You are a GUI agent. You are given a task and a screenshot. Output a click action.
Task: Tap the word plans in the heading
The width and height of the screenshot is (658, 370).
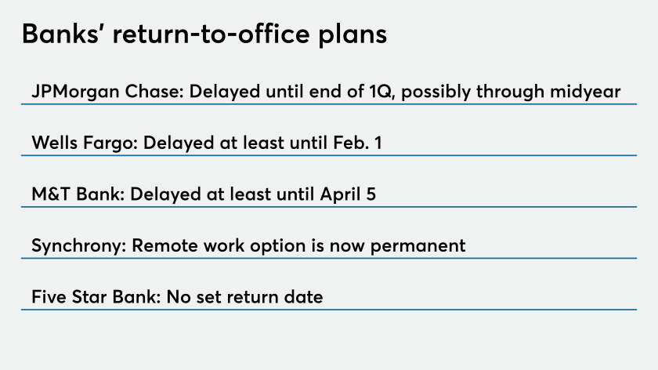352,35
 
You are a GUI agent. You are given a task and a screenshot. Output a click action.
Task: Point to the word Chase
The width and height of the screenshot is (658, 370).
154,91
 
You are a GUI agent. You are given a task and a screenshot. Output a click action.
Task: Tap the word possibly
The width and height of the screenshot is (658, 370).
436,92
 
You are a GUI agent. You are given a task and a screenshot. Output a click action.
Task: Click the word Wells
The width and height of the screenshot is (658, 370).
55,143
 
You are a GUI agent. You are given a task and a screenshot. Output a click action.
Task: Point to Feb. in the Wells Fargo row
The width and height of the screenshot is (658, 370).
351,143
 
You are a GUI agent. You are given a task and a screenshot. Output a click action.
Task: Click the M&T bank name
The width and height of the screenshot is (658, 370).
78,194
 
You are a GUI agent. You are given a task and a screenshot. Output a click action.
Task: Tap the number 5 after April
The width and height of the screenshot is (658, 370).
371,194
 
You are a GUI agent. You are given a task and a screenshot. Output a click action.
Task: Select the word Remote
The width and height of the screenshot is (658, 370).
164,245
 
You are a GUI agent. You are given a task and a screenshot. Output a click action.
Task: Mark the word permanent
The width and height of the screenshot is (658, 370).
418,246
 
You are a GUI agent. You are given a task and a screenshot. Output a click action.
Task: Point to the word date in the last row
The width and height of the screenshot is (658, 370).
303,297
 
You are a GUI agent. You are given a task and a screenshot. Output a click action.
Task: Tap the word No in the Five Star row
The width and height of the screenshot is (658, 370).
179,297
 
